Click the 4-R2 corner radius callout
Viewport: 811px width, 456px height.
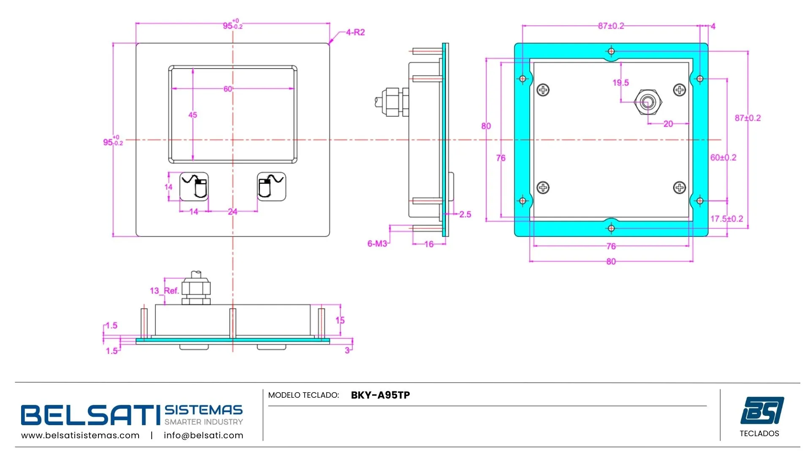(355, 33)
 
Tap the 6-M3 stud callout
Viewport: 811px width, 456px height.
(377, 244)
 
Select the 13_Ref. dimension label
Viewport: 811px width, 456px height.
(164, 290)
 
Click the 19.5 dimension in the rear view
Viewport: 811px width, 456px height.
(620, 83)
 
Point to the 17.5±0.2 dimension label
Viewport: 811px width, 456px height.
(726, 219)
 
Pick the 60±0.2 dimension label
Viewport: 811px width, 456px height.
(723, 157)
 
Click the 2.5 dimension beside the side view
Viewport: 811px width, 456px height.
(465, 214)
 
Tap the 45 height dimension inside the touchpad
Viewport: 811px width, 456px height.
(193, 115)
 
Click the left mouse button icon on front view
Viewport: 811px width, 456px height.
(194, 186)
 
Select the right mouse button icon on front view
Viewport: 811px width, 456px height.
(271, 186)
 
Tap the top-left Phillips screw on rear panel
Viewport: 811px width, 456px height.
(543, 90)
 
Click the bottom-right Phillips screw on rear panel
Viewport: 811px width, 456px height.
(679, 187)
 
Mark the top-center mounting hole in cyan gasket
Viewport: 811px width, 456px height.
(611, 52)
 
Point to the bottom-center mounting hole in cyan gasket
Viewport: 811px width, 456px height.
(611, 228)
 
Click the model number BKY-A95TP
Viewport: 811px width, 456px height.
(380, 395)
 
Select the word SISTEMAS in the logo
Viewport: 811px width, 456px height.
(204, 410)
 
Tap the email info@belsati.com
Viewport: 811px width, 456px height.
(203, 435)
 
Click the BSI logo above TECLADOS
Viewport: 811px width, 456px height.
(762, 410)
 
